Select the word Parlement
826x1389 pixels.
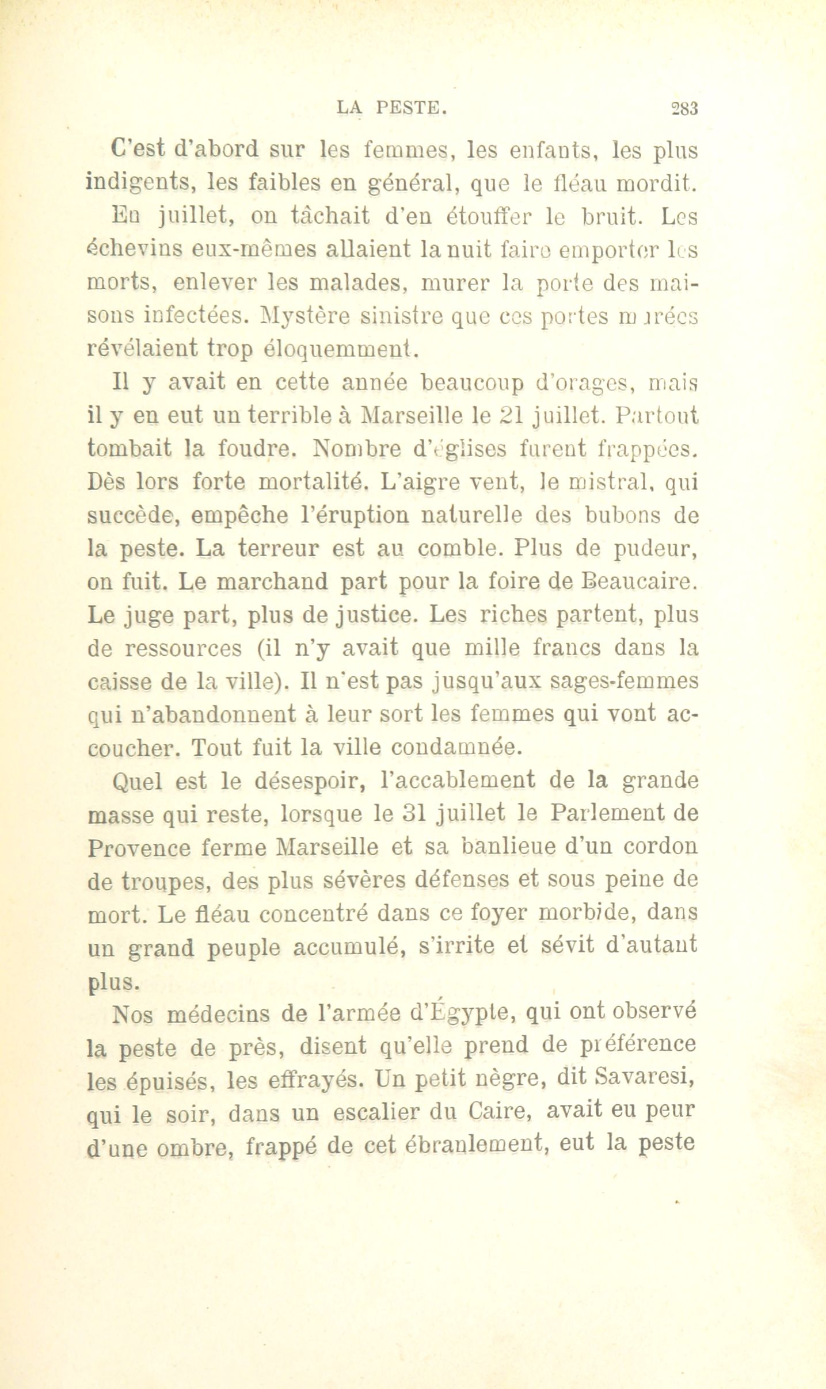[596, 815]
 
